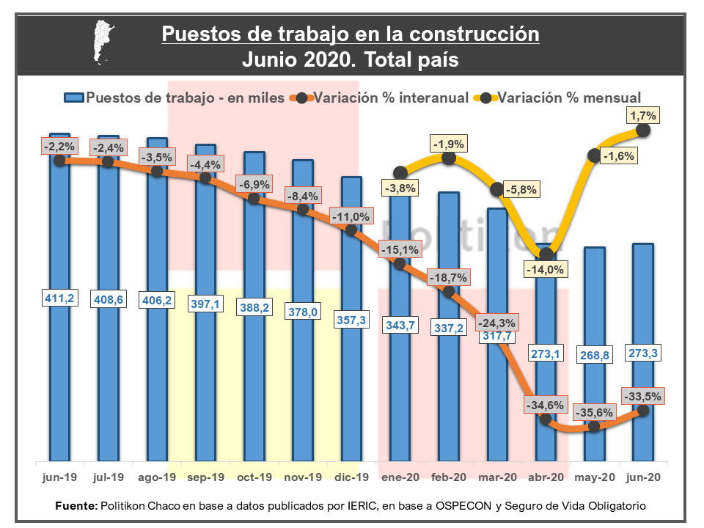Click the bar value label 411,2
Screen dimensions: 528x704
click(59, 298)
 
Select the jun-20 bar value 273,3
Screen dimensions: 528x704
click(643, 353)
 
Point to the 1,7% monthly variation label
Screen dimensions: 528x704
click(643, 115)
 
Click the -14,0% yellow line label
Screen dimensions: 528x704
click(545, 269)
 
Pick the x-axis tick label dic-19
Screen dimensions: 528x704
click(351, 477)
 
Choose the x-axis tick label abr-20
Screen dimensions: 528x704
click(546, 477)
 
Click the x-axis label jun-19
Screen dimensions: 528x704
click(59, 477)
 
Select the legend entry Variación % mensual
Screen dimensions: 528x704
click(569, 98)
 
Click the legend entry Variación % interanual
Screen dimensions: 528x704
click(391, 98)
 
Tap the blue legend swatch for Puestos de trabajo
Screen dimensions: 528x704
click(73, 98)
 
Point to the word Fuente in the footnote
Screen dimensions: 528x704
click(76, 507)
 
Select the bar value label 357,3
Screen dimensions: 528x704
click(351, 320)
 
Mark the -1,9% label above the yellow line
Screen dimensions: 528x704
click(449, 144)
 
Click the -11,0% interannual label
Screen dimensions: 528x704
click(351, 217)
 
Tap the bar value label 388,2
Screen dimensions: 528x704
click(254, 309)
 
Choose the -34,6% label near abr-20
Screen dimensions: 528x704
click(545, 405)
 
